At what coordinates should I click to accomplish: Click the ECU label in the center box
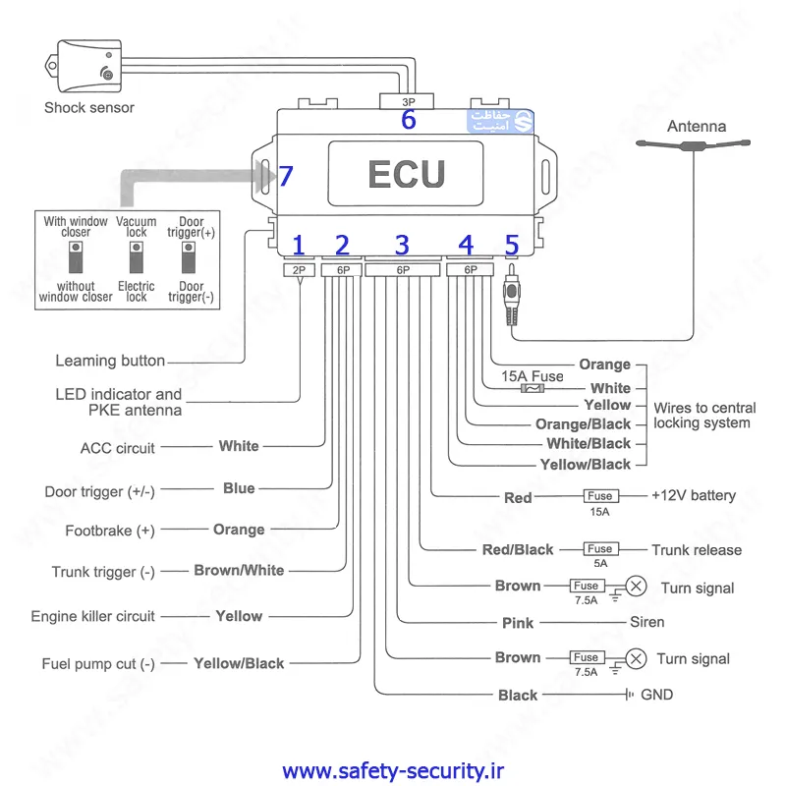[x=406, y=174]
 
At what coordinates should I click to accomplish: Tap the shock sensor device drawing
[x=89, y=66]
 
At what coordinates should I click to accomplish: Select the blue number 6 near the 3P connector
[x=408, y=120]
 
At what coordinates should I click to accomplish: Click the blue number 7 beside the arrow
[x=286, y=176]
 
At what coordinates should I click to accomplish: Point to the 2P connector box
[x=299, y=269]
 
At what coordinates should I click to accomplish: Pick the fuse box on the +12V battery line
[x=599, y=496]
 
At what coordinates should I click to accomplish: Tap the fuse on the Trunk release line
[x=599, y=549]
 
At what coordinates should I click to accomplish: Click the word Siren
[x=647, y=622]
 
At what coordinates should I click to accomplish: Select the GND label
[x=657, y=695]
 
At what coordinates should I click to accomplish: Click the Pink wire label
[x=518, y=623]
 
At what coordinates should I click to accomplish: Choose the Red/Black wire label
[x=518, y=550]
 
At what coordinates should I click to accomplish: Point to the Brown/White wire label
[x=239, y=570]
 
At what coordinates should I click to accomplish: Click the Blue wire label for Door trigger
[x=239, y=488]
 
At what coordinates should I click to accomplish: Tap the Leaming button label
[x=110, y=361]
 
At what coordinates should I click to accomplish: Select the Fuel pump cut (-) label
[x=98, y=664]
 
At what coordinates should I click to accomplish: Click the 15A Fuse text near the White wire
[x=533, y=376]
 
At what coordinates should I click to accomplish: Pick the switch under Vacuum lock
[x=137, y=258]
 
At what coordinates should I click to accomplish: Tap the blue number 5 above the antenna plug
[x=511, y=245]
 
